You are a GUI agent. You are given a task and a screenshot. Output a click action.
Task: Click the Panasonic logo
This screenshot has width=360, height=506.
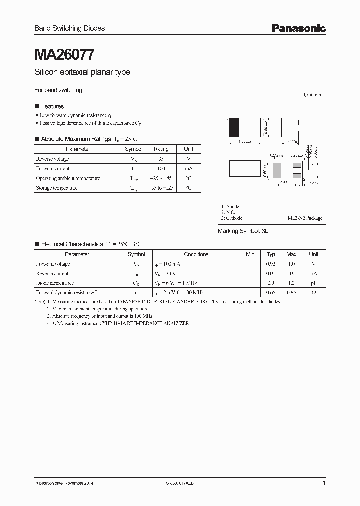tap(298, 28)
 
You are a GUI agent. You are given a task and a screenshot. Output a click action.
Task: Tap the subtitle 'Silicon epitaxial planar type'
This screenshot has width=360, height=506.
tap(82, 72)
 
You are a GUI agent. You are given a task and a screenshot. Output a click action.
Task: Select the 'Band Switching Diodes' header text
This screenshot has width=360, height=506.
tap(69, 28)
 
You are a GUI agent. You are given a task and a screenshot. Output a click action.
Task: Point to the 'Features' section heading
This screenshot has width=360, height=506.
tap(52, 106)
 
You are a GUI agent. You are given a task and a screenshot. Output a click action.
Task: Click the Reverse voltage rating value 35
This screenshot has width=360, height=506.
tap(161, 159)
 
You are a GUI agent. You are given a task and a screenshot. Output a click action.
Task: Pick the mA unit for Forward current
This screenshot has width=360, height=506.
tap(188, 168)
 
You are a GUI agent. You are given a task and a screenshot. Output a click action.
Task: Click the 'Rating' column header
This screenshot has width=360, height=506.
tap(161, 149)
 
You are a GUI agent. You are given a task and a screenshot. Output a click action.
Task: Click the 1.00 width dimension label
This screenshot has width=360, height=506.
tap(244, 142)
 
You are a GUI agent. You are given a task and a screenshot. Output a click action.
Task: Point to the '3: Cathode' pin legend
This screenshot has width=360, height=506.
tap(231, 218)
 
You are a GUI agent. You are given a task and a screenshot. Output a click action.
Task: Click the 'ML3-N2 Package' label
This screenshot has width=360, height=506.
tap(305, 218)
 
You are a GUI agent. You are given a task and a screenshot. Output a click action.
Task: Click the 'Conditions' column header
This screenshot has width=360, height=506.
tap(196, 254)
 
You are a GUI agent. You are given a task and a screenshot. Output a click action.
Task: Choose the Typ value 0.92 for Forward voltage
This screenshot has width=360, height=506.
tap(271, 264)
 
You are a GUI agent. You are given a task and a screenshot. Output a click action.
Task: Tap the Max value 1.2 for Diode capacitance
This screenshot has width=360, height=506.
tap(291, 283)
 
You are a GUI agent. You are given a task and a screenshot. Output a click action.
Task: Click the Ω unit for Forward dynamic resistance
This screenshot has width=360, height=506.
tap(313, 292)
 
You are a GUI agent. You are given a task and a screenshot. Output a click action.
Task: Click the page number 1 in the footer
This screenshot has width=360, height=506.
tap(324, 483)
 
